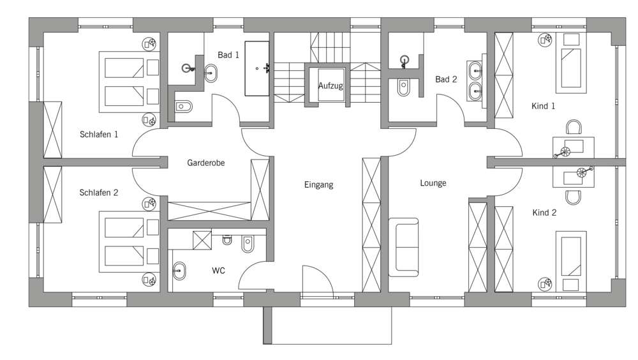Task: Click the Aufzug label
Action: (330, 86)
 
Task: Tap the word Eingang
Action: (318, 185)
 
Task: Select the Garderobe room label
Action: (206, 163)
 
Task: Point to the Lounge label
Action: (433, 183)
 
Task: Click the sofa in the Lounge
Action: (403, 247)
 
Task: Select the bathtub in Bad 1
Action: (256, 68)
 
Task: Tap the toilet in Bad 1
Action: (183, 107)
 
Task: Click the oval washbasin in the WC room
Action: (179, 270)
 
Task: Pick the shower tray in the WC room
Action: (202, 240)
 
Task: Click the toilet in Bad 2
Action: (403, 87)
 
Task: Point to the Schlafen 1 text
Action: (99, 135)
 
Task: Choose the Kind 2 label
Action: (544, 213)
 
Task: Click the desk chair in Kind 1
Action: (574, 126)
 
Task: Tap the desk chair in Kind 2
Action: (574, 197)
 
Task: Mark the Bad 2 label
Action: (446, 79)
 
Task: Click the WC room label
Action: (218, 271)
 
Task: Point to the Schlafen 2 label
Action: (98, 193)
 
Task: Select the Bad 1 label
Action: (228, 55)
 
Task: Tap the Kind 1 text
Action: (543, 107)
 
